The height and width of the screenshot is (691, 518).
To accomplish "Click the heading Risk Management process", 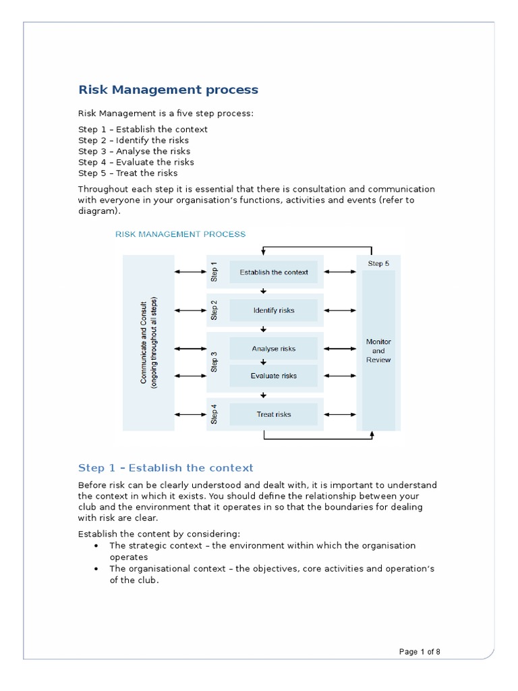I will [x=168, y=90].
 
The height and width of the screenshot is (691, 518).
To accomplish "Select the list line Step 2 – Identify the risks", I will [x=134, y=140].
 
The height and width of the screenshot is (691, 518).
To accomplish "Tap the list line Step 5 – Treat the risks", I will [x=128, y=173].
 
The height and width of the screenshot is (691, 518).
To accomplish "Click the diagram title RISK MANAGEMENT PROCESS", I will [x=181, y=234].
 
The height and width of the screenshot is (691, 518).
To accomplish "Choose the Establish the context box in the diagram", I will [x=274, y=272].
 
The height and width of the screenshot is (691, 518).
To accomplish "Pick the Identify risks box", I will [x=274, y=310].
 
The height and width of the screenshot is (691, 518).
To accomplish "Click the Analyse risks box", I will [x=274, y=349].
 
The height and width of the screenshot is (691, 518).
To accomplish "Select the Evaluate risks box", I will [x=274, y=376].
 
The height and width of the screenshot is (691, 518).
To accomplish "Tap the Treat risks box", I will [x=274, y=414].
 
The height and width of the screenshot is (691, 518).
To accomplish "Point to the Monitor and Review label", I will [x=378, y=351].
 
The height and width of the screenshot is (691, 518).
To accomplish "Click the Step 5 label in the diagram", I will [x=378, y=263].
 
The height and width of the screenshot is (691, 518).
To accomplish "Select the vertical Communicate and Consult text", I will [x=148, y=342].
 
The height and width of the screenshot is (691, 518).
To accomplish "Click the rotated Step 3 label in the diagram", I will [x=214, y=362].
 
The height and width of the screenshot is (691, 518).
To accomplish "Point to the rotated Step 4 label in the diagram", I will [x=214, y=414].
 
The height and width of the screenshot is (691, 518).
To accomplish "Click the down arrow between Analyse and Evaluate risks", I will [x=264, y=362].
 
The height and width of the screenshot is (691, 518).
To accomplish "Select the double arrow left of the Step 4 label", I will [x=190, y=414].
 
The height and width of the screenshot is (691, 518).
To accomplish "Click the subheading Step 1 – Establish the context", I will [x=166, y=468].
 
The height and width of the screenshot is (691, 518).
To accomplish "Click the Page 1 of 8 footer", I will [x=420, y=652].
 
